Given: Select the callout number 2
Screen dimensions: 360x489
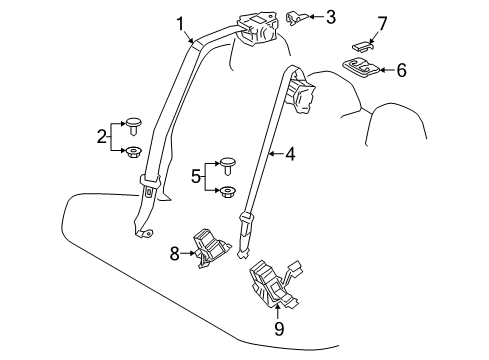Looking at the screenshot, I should tap(101, 137).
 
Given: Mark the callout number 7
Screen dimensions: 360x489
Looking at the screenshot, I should tap(380, 22).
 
